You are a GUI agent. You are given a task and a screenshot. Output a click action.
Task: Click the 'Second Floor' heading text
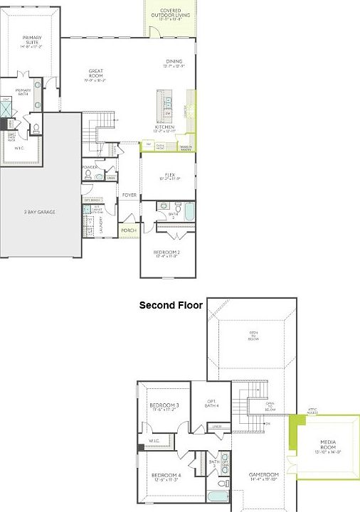pyautogui.click(x=171, y=305)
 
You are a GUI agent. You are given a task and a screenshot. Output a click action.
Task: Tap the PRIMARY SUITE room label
pyautogui.click(x=32, y=41)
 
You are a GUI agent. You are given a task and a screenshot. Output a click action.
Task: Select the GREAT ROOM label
pyautogui.click(x=97, y=73)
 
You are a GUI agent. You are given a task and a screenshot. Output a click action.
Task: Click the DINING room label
pyautogui.click(x=174, y=63)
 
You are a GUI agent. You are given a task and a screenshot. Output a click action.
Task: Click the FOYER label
pyautogui.click(x=129, y=194)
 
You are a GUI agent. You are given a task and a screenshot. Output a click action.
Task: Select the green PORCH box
pyautogui.click(x=129, y=230)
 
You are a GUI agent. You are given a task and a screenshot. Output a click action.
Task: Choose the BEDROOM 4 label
pyautogui.click(x=164, y=476)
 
